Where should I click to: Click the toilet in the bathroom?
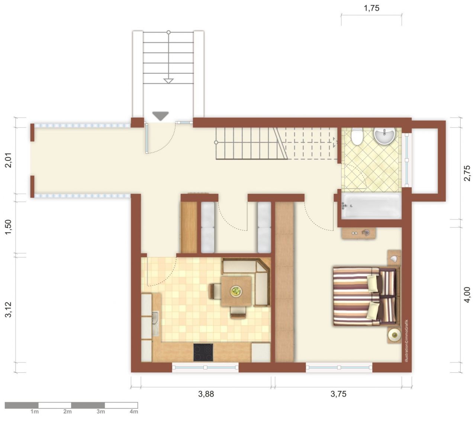(357, 137)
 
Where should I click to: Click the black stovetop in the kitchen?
(203, 352)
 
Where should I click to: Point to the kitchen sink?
(155, 323)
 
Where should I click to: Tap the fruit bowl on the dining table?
(236, 291)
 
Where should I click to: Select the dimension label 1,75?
(372, 8)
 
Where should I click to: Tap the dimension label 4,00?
(467, 295)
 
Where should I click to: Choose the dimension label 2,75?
(467, 173)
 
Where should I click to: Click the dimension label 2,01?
(9, 160)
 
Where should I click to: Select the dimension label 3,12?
(9, 310)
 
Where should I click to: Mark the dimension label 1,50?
(9, 227)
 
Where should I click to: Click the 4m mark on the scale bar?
(134, 411)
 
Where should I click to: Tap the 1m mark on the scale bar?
(35, 411)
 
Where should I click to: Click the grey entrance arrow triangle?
(161, 116)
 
